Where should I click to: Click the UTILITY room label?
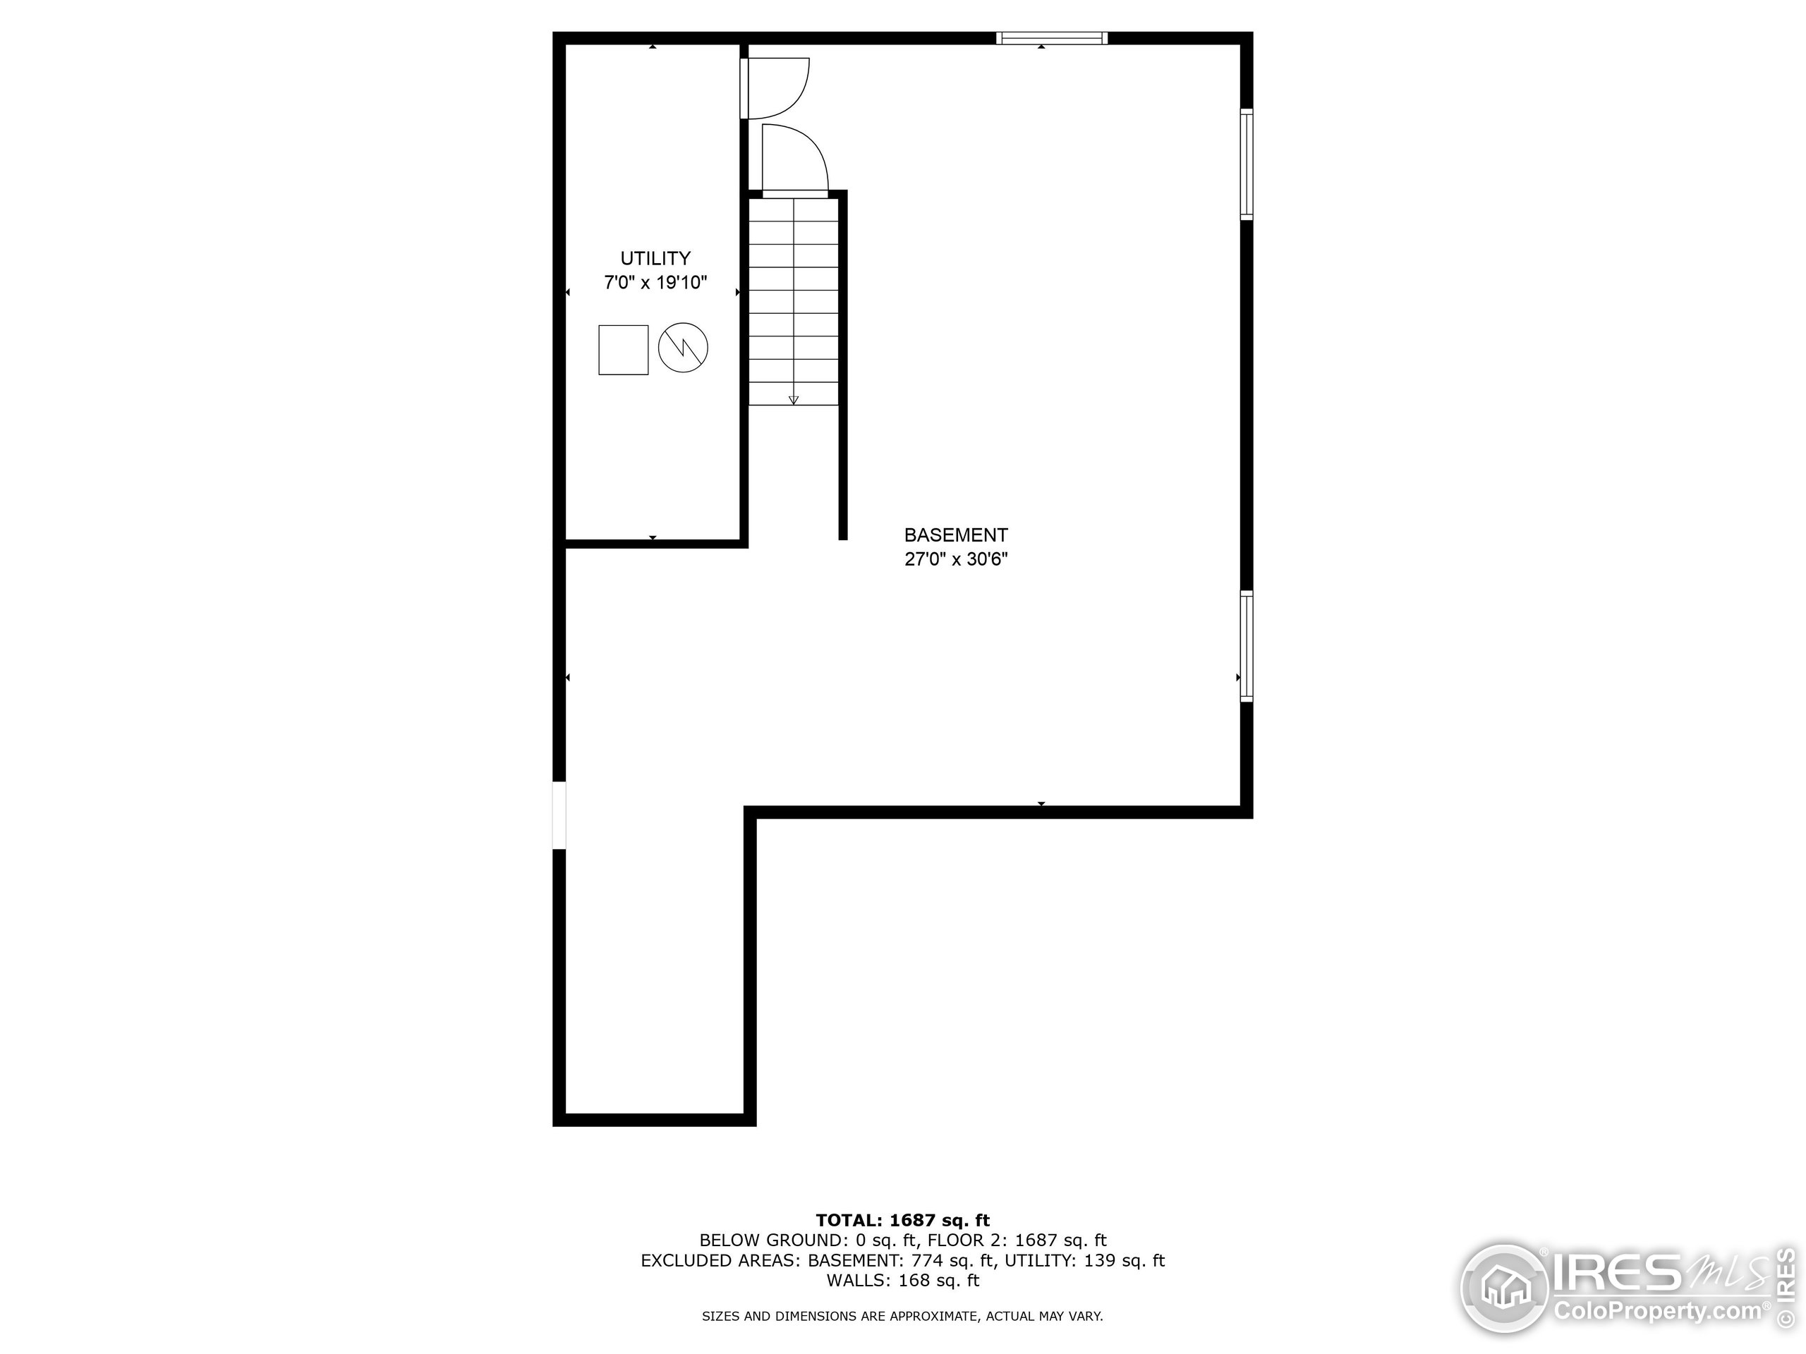coord(655,259)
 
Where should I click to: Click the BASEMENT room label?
coord(955,535)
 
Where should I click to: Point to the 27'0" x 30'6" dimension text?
coord(955,560)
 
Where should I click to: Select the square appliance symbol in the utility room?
coord(623,350)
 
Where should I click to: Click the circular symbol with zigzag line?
coord(683,348)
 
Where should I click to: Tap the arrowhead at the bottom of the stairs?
coord(794,399)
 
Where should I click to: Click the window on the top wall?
coord(1050,37)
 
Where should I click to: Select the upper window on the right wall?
coord(1246,164)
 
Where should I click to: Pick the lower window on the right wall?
coord(1246,645)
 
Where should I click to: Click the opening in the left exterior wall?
coord(559,815)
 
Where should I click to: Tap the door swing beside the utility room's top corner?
coord(775,87)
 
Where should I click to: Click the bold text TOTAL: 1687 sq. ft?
coord(902,1220)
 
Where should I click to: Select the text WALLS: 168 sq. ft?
coord(902,1281)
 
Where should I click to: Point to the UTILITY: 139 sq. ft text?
coord(1084,1261)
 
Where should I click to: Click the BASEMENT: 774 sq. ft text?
coord(902,1261)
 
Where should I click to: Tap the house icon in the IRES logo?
coord(1504,1288)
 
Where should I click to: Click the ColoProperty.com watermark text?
coord(1657,1312)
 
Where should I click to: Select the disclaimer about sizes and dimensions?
coord(902,1317)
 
